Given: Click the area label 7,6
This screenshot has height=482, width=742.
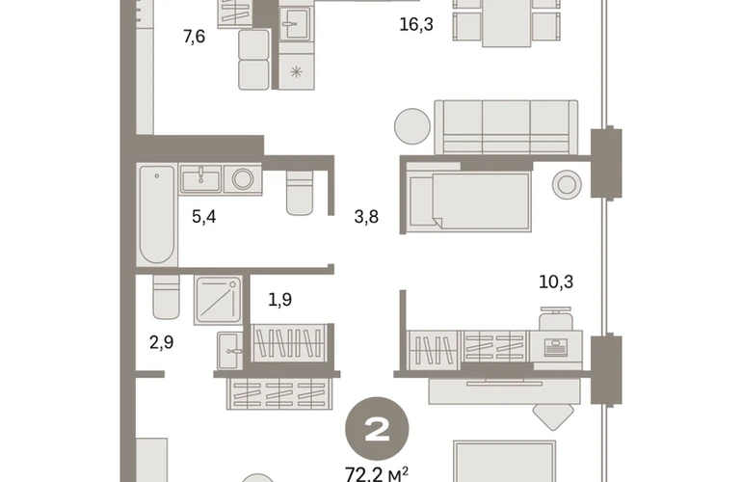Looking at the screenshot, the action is (194, 37).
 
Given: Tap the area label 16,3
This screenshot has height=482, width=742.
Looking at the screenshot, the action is (416, 24).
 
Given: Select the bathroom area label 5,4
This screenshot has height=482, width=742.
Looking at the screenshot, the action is (204, 217).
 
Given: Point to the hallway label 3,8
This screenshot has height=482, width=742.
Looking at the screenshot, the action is (366, 217).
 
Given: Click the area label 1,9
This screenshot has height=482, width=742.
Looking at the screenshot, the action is (279, 299).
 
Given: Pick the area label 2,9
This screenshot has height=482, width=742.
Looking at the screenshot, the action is (161, 342).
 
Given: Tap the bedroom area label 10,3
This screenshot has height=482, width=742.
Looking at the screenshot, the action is (556, 281).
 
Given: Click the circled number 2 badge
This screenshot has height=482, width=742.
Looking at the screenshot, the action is (377, 429).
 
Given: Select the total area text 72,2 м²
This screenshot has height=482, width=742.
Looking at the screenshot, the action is (377, 474).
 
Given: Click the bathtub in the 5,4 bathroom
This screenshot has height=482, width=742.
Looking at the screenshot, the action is (157, 214).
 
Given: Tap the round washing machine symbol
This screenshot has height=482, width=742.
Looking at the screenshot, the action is (243, 179).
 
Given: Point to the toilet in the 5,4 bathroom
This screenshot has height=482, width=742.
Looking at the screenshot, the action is (300, 193).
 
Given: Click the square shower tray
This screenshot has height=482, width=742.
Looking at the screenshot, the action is (218, 300).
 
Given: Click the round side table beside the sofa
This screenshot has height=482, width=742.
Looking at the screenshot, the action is (412, 126).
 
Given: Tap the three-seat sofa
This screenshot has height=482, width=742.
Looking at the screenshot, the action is (506, 127).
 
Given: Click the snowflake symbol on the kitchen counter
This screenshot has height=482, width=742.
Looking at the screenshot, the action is (296, 72).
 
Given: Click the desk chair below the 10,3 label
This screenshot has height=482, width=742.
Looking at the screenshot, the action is (556, 318).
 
